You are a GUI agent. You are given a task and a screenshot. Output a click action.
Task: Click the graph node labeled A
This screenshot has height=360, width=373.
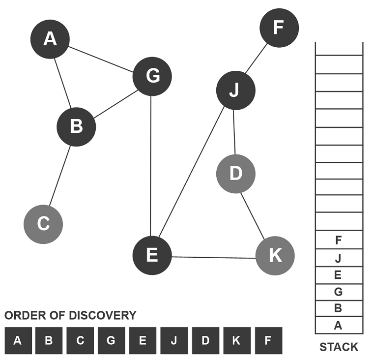point(50,39)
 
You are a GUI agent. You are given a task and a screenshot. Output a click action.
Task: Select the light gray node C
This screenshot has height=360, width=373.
point(43,224)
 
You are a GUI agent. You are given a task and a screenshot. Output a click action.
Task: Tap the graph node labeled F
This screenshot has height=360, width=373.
point(279,28)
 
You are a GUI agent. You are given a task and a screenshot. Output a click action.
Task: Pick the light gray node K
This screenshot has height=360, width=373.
point(275,256)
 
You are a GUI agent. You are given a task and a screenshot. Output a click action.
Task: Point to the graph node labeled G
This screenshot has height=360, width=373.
point(152,76)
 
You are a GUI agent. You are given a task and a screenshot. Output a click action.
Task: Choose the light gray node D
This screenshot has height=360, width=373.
point(236,174)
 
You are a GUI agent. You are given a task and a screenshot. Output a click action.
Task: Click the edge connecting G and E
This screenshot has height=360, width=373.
point(150,166)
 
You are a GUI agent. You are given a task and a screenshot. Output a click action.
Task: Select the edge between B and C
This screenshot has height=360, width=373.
point(60,176)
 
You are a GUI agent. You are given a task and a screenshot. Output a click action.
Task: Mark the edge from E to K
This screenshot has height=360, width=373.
point(213,257)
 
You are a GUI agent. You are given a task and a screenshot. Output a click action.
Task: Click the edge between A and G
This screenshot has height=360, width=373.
point(101,59)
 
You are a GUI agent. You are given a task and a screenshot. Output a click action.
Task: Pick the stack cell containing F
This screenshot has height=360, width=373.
point(339,240)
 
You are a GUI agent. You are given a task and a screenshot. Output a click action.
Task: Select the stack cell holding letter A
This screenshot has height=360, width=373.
point(339,325)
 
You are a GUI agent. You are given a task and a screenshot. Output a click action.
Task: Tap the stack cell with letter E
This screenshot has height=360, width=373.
point(339,275)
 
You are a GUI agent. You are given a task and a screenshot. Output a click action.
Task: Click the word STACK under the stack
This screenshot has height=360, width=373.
point(339,347)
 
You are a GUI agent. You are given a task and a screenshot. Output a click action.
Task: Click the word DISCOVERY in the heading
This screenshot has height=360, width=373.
point(103,315)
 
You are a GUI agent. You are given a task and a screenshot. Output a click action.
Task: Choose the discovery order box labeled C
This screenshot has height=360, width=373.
point(80,340)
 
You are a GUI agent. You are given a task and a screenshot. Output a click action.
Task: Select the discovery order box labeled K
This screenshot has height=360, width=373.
point(237,340)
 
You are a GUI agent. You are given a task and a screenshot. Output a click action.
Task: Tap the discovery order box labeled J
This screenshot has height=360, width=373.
point(174,340)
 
